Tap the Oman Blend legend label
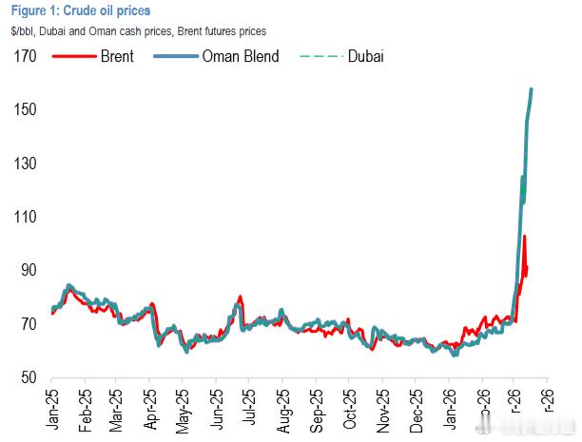(241, 56)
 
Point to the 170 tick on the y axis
(24, 56)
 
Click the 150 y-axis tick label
(24, 110)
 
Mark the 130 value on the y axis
(24, 163)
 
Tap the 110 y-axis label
(24, 217)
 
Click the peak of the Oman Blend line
(531, 89)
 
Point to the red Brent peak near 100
(524, 237)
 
